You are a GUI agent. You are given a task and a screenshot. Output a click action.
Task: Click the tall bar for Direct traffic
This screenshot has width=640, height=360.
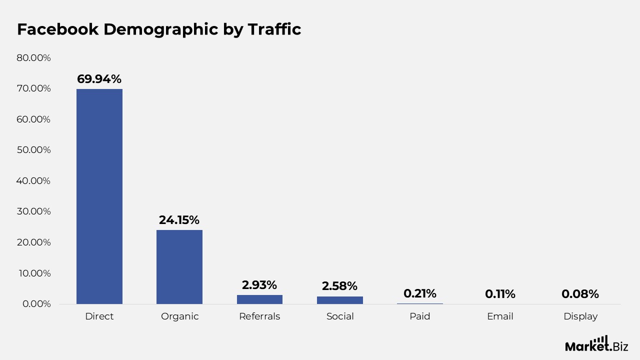click(99, 196)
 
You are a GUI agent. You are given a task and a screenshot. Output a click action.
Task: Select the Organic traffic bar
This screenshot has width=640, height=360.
click(179, 266)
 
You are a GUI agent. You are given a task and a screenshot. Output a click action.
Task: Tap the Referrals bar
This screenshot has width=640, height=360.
click(259, 299)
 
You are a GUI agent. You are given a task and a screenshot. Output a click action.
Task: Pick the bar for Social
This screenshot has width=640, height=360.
click(339, 300)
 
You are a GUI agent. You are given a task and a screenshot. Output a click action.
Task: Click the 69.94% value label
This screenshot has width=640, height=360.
click(99, 79)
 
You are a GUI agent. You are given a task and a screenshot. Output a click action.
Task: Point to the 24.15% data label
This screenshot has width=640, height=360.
click(179, 220)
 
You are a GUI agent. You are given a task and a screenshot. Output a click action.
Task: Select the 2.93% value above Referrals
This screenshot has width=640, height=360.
click(259, 285)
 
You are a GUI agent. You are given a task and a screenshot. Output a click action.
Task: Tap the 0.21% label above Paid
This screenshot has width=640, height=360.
click(419, 293)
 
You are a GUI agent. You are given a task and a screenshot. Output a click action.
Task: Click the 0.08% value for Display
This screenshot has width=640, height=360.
click(580, 294)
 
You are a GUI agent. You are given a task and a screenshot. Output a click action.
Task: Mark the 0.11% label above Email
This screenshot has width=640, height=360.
click(500, 294)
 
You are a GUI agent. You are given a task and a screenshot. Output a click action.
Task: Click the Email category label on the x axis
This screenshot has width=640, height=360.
click(500, 316)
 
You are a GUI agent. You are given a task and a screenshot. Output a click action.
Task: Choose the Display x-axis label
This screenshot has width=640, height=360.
click(580, 316)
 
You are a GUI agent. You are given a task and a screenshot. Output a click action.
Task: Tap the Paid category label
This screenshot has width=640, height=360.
click(419, 316)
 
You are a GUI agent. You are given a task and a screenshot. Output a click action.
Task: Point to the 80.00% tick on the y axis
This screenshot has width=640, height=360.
click(33, 57)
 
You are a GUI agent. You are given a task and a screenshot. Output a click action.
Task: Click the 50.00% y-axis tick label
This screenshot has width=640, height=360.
click(33, 150)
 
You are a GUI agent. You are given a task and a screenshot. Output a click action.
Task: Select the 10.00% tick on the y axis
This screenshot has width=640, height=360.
click(33, 273)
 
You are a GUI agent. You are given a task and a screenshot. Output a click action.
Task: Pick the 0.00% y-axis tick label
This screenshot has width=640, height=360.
click(36, 304)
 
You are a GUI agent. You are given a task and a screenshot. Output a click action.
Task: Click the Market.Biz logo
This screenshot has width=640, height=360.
click(596, 344)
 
